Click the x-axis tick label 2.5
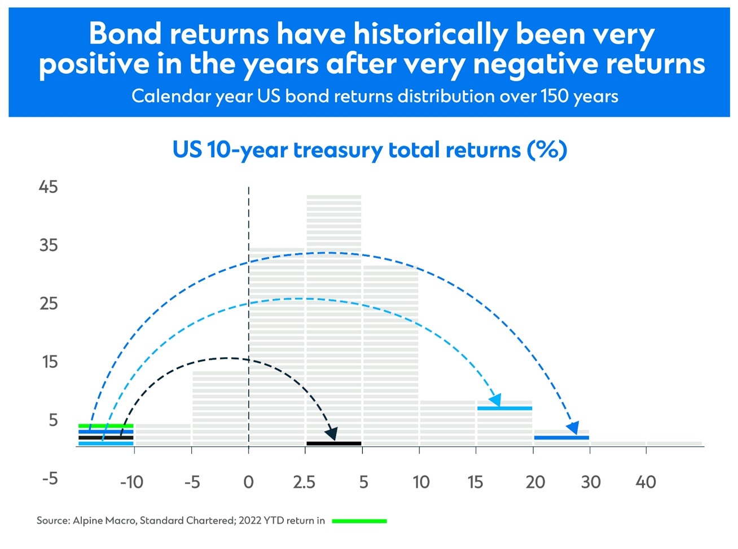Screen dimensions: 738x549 coord(304,482)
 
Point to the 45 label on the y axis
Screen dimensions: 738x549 coord(49,187)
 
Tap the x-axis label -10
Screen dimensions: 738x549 coord(132,482)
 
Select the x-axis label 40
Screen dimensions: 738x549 coord(645,482)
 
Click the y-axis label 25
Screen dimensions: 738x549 coord(49,304)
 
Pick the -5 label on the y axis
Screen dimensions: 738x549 coord(50,479)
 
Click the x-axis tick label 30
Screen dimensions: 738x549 coord(591,482)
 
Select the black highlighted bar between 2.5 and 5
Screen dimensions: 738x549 coord(333,443)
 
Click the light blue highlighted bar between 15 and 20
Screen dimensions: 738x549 coord(505,408)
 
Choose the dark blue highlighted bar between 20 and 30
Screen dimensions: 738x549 coord(561,437)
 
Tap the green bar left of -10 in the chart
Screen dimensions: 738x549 coord(106,425)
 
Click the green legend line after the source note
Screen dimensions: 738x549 coord(359,521)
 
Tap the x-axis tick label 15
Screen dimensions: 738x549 coord(475,482)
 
